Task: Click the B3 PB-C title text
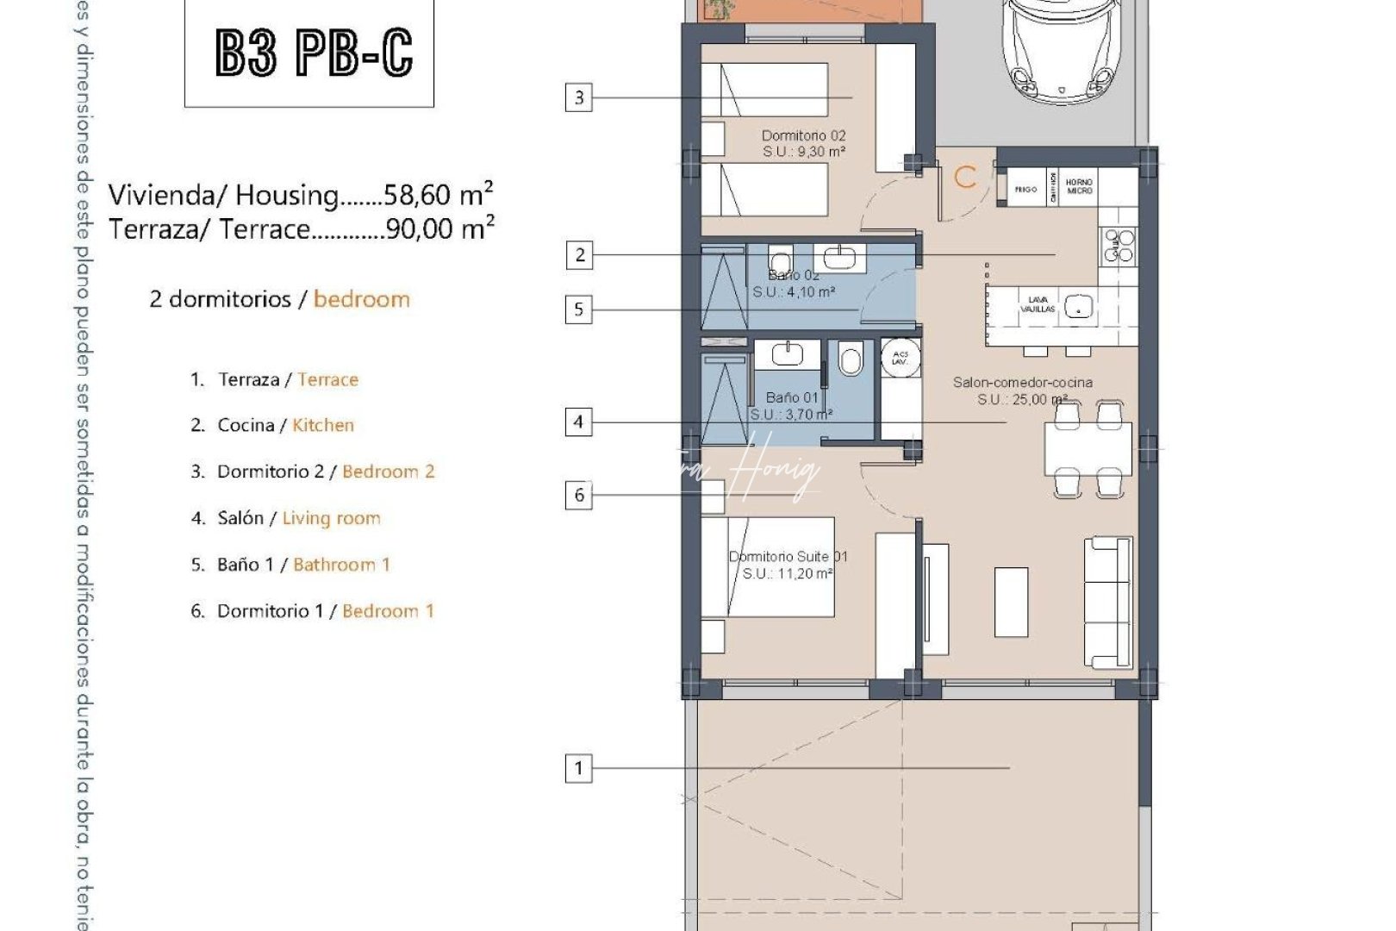coord(314,53)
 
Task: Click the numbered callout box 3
coord(579,97)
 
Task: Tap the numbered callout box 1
coord(579,767)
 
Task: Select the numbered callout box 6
coord(579,495)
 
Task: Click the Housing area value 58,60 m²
coord(439,194)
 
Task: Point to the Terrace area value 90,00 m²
coord(440,228)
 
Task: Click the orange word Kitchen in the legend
coord(323,425)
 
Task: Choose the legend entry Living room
coord(331,518)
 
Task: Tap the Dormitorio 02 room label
coord(803,135)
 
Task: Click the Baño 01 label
coord(792,397)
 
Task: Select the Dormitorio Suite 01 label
coord(788,557)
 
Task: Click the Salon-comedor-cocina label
coord(1022,382)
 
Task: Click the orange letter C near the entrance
coord(965,178)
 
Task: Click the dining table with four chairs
coord(1088,449)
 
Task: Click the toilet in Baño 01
coord(851,359)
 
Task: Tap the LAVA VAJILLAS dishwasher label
coord(1038,304)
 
